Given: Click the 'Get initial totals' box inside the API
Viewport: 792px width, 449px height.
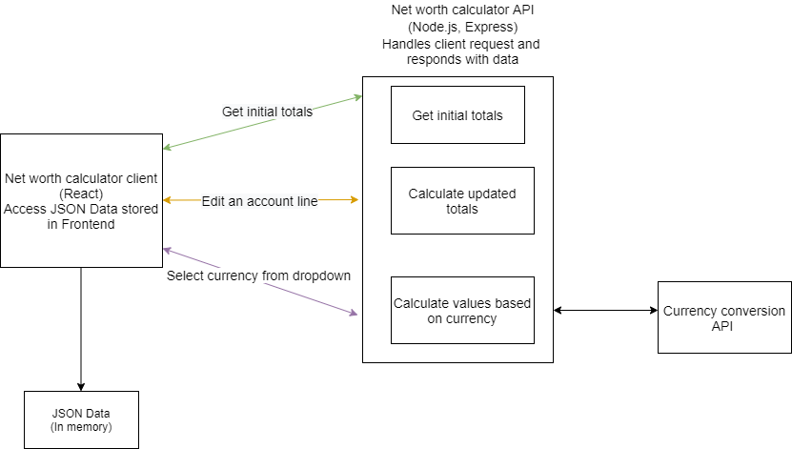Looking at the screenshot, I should coord(457,115).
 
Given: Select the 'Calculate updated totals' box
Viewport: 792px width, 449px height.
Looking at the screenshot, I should coord(462,200).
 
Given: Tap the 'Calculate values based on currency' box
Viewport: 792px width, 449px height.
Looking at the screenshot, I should coord(462,311).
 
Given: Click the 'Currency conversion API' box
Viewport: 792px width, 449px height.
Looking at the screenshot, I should coord(724,318).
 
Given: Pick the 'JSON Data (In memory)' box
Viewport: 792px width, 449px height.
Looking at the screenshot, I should coord(81,419).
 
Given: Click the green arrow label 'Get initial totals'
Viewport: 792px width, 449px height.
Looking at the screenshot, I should coord(267,111).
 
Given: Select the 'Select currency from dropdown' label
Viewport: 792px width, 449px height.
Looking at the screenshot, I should coord(258,276).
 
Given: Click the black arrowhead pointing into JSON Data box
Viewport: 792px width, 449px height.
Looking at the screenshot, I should coord(81,386).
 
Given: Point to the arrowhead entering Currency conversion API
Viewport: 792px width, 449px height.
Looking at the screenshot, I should coord(653,311).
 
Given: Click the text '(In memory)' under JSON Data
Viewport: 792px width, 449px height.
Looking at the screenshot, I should coord(81,427).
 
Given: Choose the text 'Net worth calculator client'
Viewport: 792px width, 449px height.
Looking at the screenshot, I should coord(81,177).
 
